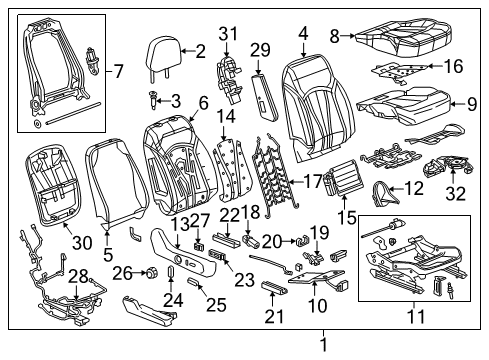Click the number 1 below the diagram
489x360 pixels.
(x=322, y=345)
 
